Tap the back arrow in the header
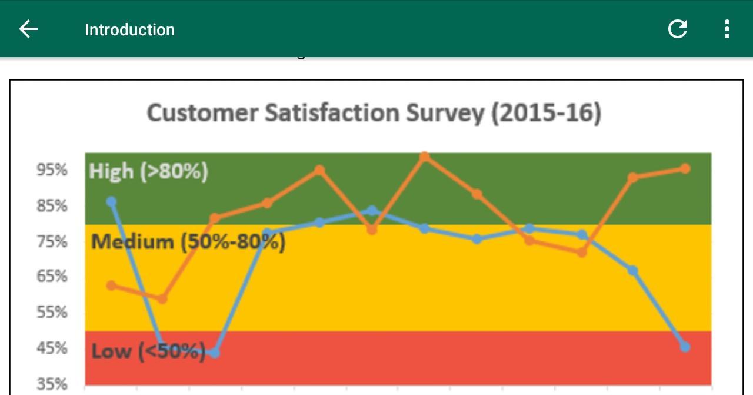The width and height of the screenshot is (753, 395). point(28,29)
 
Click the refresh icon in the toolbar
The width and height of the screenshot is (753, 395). point(678,29)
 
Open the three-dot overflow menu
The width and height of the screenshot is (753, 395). point(727,29)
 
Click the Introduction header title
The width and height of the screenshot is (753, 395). point(129,30)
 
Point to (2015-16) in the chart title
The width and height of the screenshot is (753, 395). point(546,112)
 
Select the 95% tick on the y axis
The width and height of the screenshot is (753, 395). point(52,170)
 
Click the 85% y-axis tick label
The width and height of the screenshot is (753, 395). point(52,206)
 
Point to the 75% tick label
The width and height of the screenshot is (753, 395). point(52,242)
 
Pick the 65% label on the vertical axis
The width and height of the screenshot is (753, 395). point(52,276)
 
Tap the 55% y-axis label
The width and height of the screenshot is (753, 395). point(52,312)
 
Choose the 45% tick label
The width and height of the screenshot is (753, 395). point(52,348)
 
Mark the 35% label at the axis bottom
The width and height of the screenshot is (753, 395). point(52,384)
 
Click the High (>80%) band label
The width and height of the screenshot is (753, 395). point(148,171)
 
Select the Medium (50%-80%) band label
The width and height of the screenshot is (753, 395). point(188,241)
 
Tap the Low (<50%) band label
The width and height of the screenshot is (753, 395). point(148,351)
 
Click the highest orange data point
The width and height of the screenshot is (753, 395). point(424,157)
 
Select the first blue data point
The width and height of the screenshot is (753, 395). point(111,202)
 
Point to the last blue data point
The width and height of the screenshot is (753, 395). point(685,347)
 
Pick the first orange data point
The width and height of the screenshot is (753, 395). point(111,286)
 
